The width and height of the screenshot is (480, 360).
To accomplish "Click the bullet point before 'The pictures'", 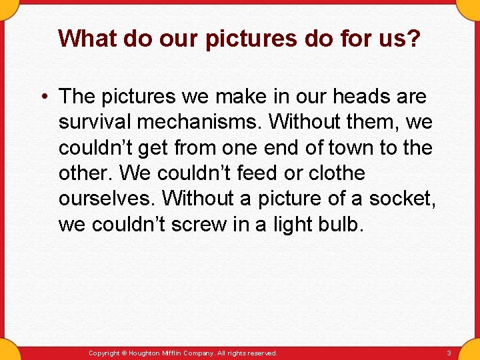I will click(43, 97).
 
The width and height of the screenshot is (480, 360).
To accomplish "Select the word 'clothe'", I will click(337, 173).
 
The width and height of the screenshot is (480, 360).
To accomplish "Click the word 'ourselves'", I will click(107, 199).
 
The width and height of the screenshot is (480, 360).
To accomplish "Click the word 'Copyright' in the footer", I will click(104, 353).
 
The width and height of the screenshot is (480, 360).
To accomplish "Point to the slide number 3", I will click(449, 353).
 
